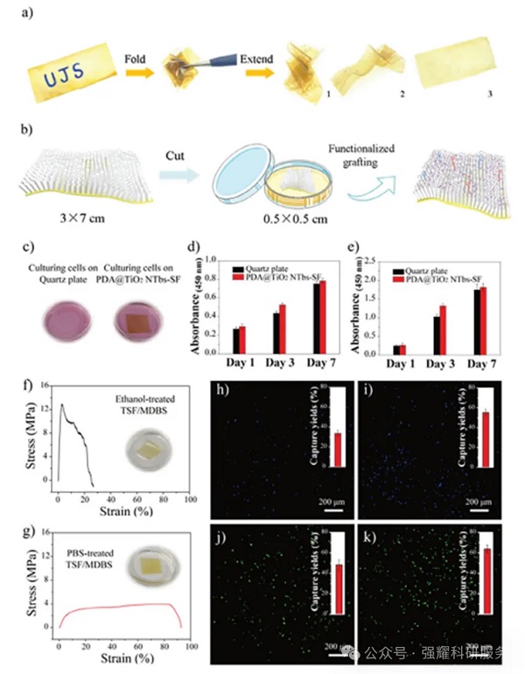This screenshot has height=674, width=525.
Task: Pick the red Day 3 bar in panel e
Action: (x=442, y=329)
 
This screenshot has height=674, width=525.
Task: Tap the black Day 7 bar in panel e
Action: (x=476, y=321)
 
